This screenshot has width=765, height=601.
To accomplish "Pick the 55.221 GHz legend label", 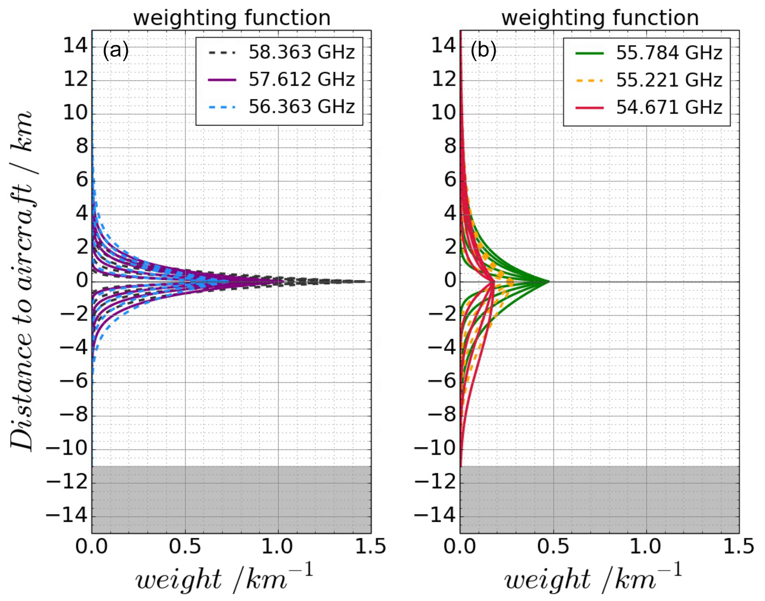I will tap(669, 80).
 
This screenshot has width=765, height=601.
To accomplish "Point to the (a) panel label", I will tap(116, 50).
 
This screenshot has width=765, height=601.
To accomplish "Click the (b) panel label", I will tap(483, 50).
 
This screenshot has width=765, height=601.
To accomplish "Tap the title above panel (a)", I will tap(232, 18).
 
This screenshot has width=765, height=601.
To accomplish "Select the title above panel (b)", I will tap(600, 18).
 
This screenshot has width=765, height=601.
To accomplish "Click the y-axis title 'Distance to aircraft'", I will tap(21, 281).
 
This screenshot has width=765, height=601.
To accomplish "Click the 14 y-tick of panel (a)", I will tap(76, 46).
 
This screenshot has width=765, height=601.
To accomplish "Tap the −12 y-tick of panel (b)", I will tap(435, 483).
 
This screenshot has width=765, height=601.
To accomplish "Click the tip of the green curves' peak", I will tap(549, 282).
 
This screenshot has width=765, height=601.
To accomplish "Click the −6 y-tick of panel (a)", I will tap(74, 381).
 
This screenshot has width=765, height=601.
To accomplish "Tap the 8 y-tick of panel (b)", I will tap(450, 147).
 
